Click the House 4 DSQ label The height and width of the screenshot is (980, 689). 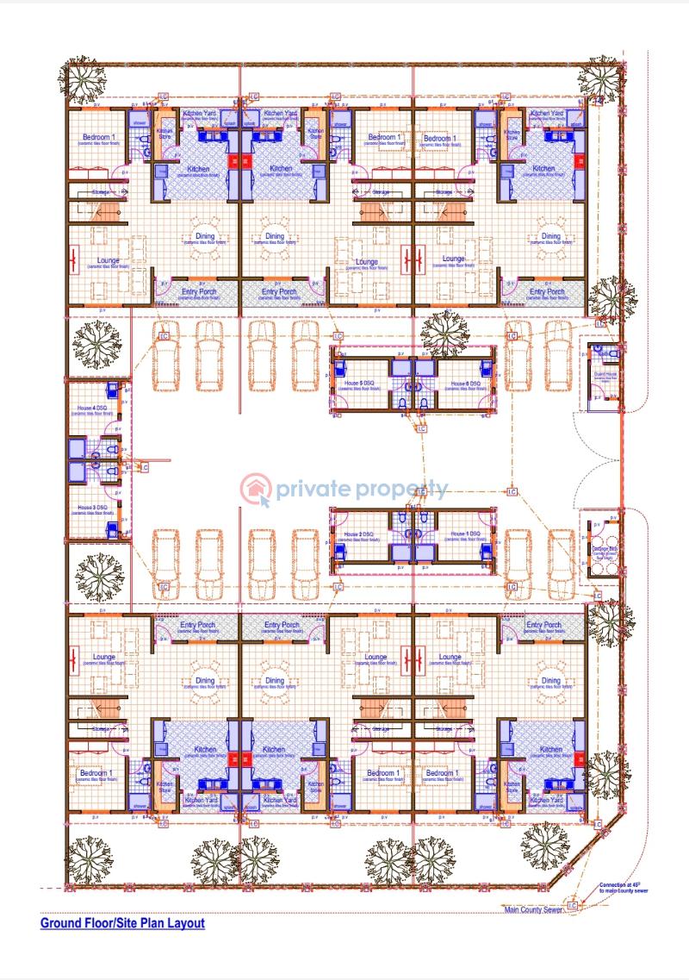[x=91, y=407]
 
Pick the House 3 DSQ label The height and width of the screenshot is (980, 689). [x=91, y=508]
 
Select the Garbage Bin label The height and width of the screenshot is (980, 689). [x=600, y=550]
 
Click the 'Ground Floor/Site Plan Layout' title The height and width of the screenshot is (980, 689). [x=122, y=923]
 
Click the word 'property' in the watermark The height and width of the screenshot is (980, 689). [x=401, y=490]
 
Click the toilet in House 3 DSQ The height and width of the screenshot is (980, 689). [x=110, y=471]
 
